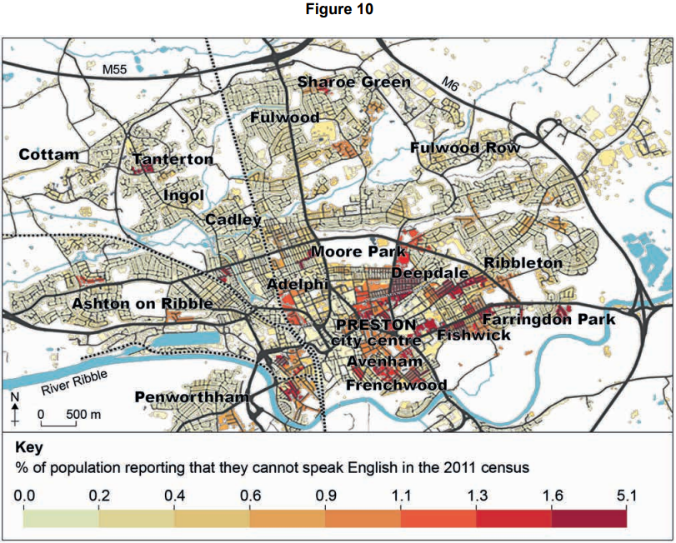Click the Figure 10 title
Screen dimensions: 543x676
(338, 10)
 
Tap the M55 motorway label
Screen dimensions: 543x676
(117, 72)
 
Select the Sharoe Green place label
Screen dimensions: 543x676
(354, 82)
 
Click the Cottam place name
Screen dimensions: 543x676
(48, 154)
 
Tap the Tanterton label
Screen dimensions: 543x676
(173, 158)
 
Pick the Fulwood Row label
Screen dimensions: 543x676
(465, 147)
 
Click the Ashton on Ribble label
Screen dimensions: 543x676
(142, 303)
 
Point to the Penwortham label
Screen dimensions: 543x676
(191, 397)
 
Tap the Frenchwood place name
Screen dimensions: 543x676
(396, 385)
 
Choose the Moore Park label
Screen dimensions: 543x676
(358, 251)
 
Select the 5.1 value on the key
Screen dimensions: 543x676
(626, 497)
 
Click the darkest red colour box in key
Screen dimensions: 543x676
(588, 517)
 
